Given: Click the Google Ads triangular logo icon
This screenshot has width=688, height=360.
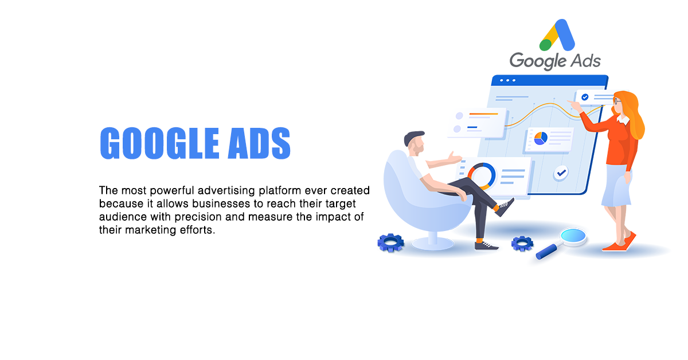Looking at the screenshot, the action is pyautogui.click(x=557, y=35).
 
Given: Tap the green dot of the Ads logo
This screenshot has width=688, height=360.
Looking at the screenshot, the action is pyautogui.click(x=546, y=45).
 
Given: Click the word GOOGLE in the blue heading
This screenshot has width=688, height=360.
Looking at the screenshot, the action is pyautogui.click(x=159, y=143).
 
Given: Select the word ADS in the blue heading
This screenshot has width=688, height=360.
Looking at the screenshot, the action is pyautogui.click(x=259, y=143).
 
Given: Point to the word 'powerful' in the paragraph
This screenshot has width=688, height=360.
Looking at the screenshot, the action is pyautogui.click(x=172, y=191).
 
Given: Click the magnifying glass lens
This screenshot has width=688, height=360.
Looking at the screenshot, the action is pyautogui.click(x=573, y=236).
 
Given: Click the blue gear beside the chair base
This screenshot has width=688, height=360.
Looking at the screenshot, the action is pyautogui.click(x=390, y=243).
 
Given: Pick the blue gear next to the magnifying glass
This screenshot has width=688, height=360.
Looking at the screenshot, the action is pyautogui.click(x=522, y=244).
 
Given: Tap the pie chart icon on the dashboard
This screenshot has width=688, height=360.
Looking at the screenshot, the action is pyautogui.click(x=541, y=138).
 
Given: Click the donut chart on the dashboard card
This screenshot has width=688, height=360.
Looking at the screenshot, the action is pyautogui.click(x=482, y=177).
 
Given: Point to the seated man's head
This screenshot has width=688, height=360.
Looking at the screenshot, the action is pyautogui.click(x=415, y=143).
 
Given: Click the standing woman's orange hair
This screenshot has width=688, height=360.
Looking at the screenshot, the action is pyautogui.click(x=631, y=114).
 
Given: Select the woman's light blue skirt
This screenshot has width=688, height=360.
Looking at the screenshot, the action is pyautogui.click(x=617, y=185).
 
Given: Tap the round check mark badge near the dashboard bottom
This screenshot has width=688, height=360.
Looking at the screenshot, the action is pyautogui.click(x=561, y=173).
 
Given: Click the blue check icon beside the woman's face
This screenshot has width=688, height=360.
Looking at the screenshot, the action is pyautogui.click(x=585, y=97).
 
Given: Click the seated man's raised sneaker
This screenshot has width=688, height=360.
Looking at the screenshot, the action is pyautogui.click(x=505, y=208).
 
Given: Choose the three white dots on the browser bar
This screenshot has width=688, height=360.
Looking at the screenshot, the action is pyautogui.click(x=508, y=80).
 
